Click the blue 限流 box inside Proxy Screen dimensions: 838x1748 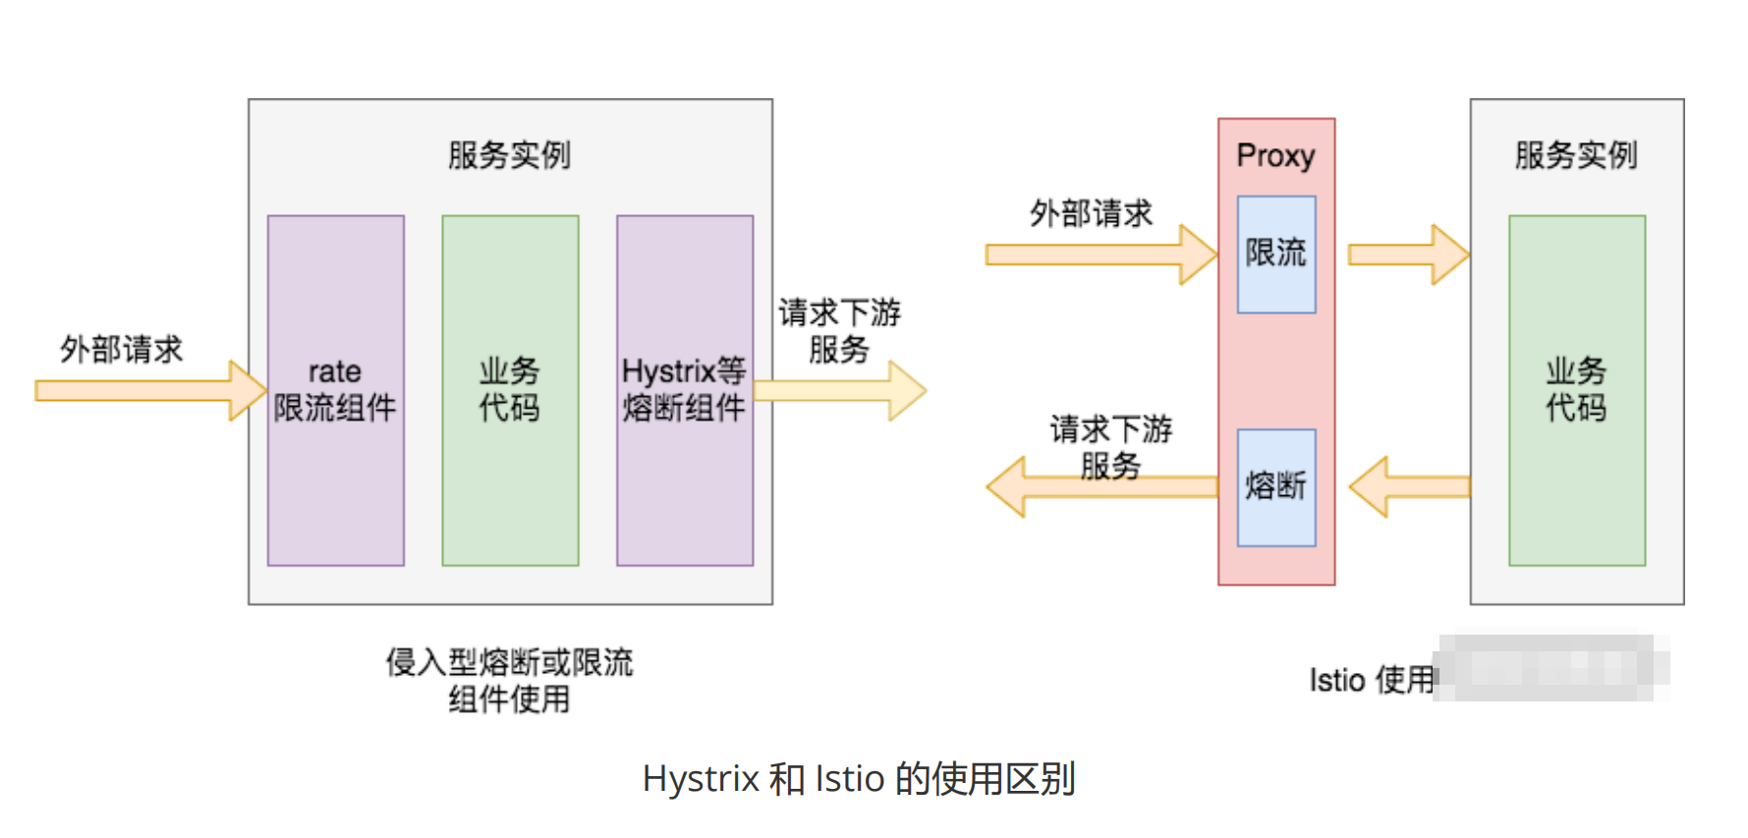tap(1275, 253)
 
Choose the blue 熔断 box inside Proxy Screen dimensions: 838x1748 tap(1275, 486)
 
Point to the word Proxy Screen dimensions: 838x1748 tap(1275, 155)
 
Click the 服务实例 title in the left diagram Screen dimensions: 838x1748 tap(509, 155)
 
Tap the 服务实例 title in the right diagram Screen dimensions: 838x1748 tap(1576, 155)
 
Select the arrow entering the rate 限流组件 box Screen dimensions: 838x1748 tap(147, 390)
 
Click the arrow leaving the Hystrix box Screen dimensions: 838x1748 tap(840, 390)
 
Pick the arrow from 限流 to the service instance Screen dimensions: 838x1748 tap(1407, 254)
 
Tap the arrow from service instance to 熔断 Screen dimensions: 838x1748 tap(1409, 486)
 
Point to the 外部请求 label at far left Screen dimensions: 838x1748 tap(121, 349)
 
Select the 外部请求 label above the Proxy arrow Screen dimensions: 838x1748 tap(1091, 213)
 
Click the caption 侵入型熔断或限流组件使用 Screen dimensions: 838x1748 tap(509, 680)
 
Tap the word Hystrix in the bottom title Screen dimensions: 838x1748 tap(701, 779)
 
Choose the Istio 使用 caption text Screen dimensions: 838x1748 tap(1372, 680)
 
